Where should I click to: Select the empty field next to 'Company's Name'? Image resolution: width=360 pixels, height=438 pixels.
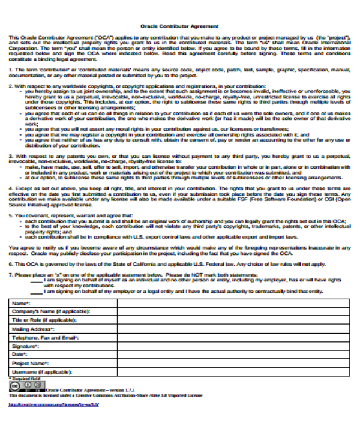coord(233,313)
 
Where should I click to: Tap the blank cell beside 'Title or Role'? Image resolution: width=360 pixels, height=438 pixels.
coord(233,321)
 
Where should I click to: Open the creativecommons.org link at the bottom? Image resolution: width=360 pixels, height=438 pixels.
coord(53,405)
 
